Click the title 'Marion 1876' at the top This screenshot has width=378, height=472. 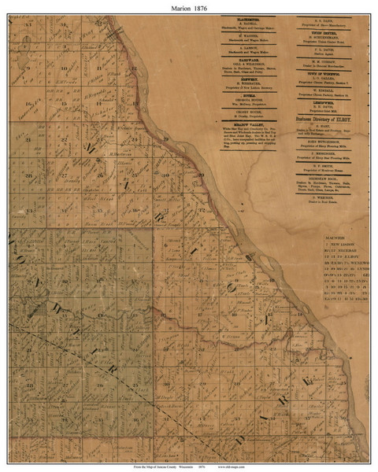189,6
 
